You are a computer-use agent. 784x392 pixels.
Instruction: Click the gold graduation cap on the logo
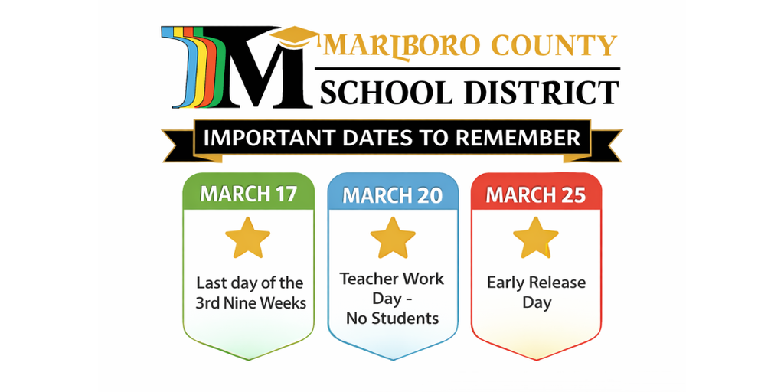coord(293,37)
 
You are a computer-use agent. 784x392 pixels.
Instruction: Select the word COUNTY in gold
coord(553,47)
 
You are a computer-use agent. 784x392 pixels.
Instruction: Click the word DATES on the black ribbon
coord(381,139)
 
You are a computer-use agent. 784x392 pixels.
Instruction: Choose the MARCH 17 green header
coord(248,194)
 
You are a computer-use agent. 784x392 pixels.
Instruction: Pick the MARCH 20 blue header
coord(392,195)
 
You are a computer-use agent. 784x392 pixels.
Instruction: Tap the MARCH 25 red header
coord(536,195)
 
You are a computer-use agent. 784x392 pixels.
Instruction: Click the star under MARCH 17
coord(248,238)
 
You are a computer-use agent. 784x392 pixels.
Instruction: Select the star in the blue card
coord(392,238)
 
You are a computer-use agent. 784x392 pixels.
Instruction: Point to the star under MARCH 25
coord(536,238)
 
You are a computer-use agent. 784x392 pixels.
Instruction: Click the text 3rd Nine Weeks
coord(250,303)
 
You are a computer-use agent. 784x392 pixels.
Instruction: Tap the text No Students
coord(392,318)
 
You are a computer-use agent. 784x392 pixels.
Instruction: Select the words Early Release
coord(536,283)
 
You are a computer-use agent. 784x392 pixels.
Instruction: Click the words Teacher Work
coord(392,279)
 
